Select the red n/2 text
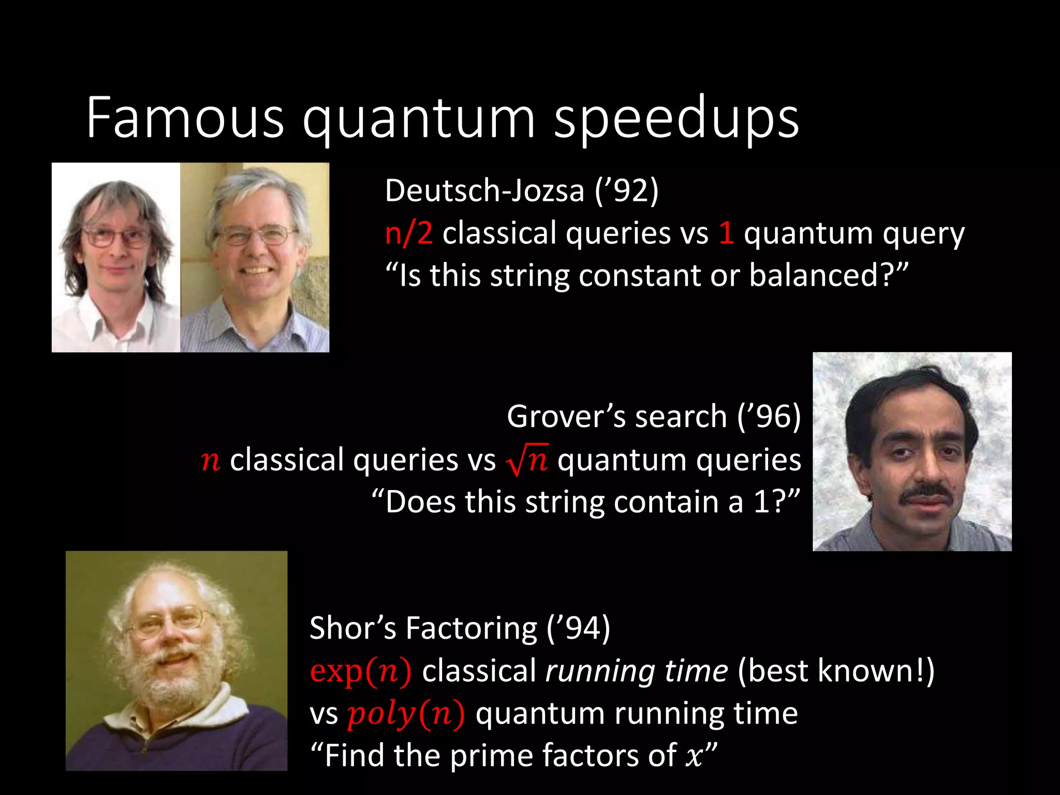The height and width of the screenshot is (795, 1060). pos(408,233)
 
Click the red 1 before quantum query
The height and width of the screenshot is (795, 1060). pos(726,233)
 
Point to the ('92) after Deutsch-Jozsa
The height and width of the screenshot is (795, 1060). pos(626,190)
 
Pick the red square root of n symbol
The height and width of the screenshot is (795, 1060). pos(526,459)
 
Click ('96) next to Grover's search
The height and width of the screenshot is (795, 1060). pos(769,417)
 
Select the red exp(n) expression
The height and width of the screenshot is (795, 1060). pos(361,671)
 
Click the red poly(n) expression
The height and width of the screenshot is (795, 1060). pos(406,714)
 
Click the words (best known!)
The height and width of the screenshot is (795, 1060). pos(835,671)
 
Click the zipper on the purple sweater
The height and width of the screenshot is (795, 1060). pos(146,745)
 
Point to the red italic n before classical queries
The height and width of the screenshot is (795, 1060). pos(211,460)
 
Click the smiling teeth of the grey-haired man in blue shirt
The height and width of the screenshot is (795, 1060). pos(256,270)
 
